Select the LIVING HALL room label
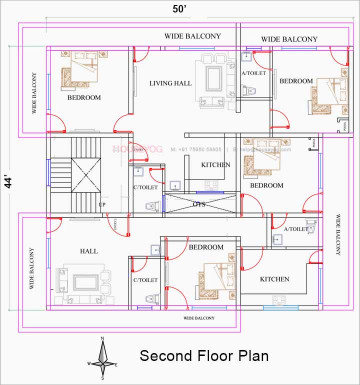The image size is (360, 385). click(x=170, y=83)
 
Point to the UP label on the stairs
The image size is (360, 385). click(x=102, y=205)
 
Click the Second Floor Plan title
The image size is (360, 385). click(x=204, y=356)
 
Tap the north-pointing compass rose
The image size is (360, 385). click(x=102, y=356)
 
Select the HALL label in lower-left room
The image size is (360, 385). click(x=89, y=251)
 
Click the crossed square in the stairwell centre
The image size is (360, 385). click(x=86, y=174)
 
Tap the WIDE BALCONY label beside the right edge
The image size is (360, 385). click(x=337, y=235)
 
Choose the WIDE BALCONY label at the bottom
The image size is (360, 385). click(x=199, y=318)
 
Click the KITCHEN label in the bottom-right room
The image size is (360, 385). click(x=274, y=279)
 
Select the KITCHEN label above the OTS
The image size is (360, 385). click(x=215, y=164)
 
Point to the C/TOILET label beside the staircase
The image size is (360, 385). click(x=145, y=187)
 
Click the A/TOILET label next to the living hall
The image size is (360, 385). click(x=253, y=73)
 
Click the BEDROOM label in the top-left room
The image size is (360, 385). click(x=84, y=97)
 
